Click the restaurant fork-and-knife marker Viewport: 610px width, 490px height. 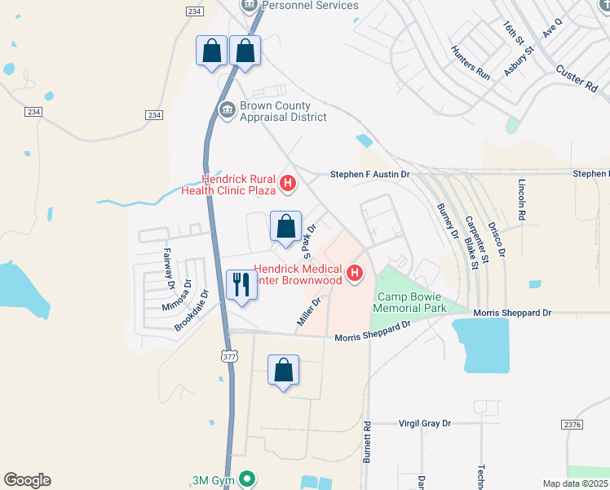tap(241, 285)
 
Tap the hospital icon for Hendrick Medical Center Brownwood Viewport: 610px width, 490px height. tap(355, 274)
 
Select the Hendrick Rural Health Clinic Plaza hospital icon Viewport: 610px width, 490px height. tap(287, 184)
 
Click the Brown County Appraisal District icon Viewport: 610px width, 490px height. tap(228, 107)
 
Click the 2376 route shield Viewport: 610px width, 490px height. tap(572, 424)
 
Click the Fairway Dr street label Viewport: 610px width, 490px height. tap(170, 269)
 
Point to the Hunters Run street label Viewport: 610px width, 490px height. tap(471, 61)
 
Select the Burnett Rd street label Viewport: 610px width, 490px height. tap(369, 439)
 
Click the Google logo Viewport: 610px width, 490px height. tap(27, 480)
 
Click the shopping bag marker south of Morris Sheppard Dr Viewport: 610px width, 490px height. tap(283, 370)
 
